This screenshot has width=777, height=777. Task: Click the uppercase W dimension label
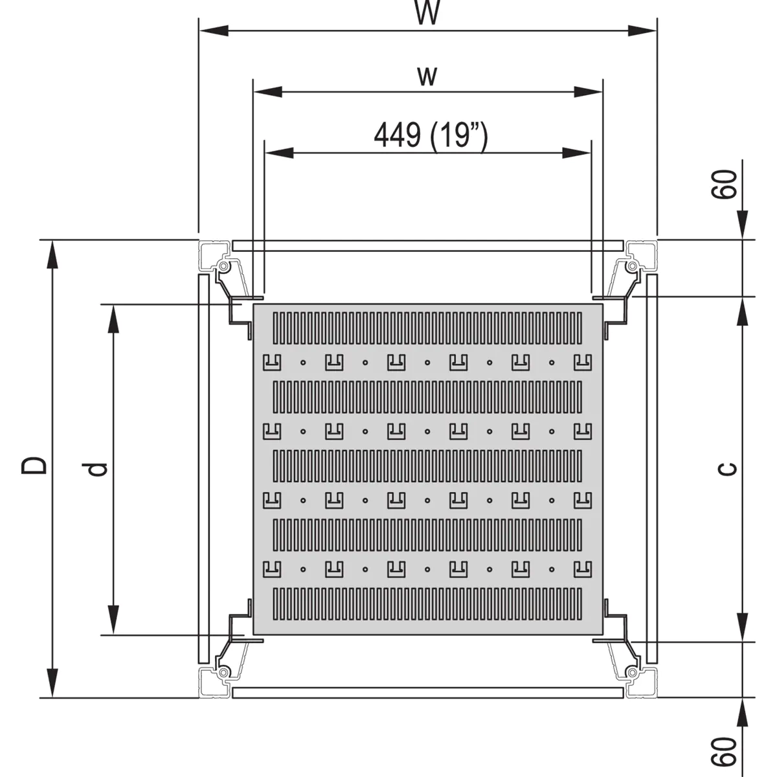tap(427, 14)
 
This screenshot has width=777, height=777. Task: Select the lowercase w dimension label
tap(427, 76)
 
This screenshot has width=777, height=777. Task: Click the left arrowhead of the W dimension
tap(214, 30)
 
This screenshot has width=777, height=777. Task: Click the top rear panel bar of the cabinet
tap(427, 246)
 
